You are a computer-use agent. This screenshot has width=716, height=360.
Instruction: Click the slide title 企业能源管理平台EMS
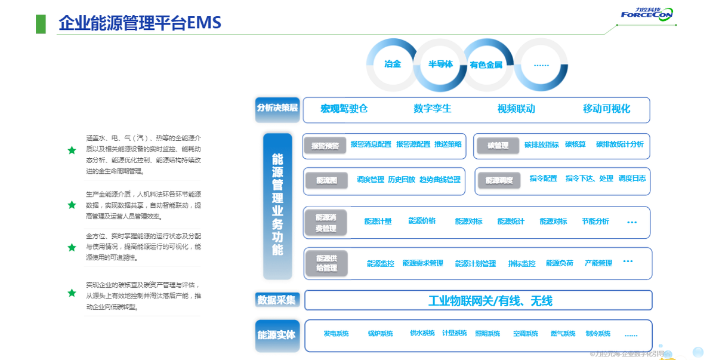coord(140,23)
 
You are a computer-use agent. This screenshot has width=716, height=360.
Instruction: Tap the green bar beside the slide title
coord(41,23)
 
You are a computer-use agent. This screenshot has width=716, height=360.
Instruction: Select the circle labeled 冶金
coord(392,64)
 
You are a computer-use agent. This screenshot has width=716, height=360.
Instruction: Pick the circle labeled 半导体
coord(440,64)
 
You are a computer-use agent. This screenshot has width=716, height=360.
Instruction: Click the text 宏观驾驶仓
coord(344,109)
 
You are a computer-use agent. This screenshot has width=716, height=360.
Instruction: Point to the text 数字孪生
coord(433,109)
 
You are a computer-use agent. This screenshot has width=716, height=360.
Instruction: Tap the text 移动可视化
coord(606,109)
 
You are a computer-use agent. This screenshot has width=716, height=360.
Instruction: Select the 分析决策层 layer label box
coord(277,108)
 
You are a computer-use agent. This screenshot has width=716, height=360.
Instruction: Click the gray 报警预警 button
coord(325,146)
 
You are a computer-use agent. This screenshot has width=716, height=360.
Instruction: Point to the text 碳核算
coord(575,144)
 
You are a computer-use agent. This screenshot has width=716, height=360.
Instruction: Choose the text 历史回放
coord(402,179)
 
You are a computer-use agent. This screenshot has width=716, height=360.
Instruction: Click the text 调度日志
coord(632,179)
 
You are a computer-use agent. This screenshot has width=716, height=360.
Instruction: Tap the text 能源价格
coord(422,221)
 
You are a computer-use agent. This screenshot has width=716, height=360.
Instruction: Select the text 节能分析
coord(595,221)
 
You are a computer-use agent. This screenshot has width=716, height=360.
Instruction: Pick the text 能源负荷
coord(560,263)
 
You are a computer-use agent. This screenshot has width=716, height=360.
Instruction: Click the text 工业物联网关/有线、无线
coord(490,301)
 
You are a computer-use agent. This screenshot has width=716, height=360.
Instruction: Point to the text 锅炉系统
coord(380,334)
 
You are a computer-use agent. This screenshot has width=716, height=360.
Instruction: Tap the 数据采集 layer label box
coord(276,300)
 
